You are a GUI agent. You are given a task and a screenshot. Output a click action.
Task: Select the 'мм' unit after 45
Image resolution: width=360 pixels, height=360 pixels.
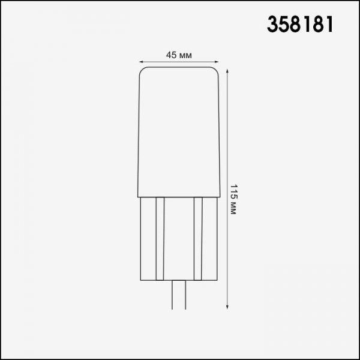[x=186, y=55]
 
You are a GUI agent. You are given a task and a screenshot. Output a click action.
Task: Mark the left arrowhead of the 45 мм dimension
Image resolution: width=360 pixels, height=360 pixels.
[x=141, y=62]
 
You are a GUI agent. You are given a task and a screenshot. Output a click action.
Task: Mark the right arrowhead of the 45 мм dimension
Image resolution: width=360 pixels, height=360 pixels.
[x=215, y=62]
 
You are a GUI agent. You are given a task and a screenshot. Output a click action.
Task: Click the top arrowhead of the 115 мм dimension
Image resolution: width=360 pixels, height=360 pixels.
[x=227, y=70]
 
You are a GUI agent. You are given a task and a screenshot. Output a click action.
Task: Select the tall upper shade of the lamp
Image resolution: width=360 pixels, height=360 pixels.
[x=178, y=132]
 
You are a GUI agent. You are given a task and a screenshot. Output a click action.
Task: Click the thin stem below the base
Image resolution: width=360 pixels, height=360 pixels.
[x=178, y=294]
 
